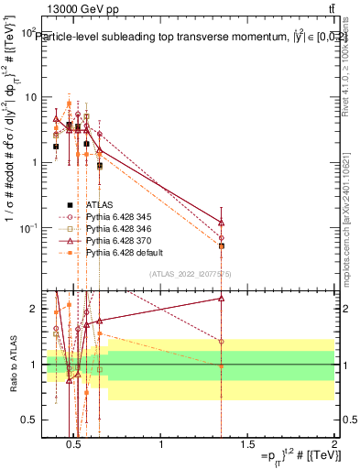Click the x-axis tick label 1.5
[247, 446]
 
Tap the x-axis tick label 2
[334, 446]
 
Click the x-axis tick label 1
[161, 446]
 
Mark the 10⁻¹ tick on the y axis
[27, 227]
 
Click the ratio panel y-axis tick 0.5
[28, 420]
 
